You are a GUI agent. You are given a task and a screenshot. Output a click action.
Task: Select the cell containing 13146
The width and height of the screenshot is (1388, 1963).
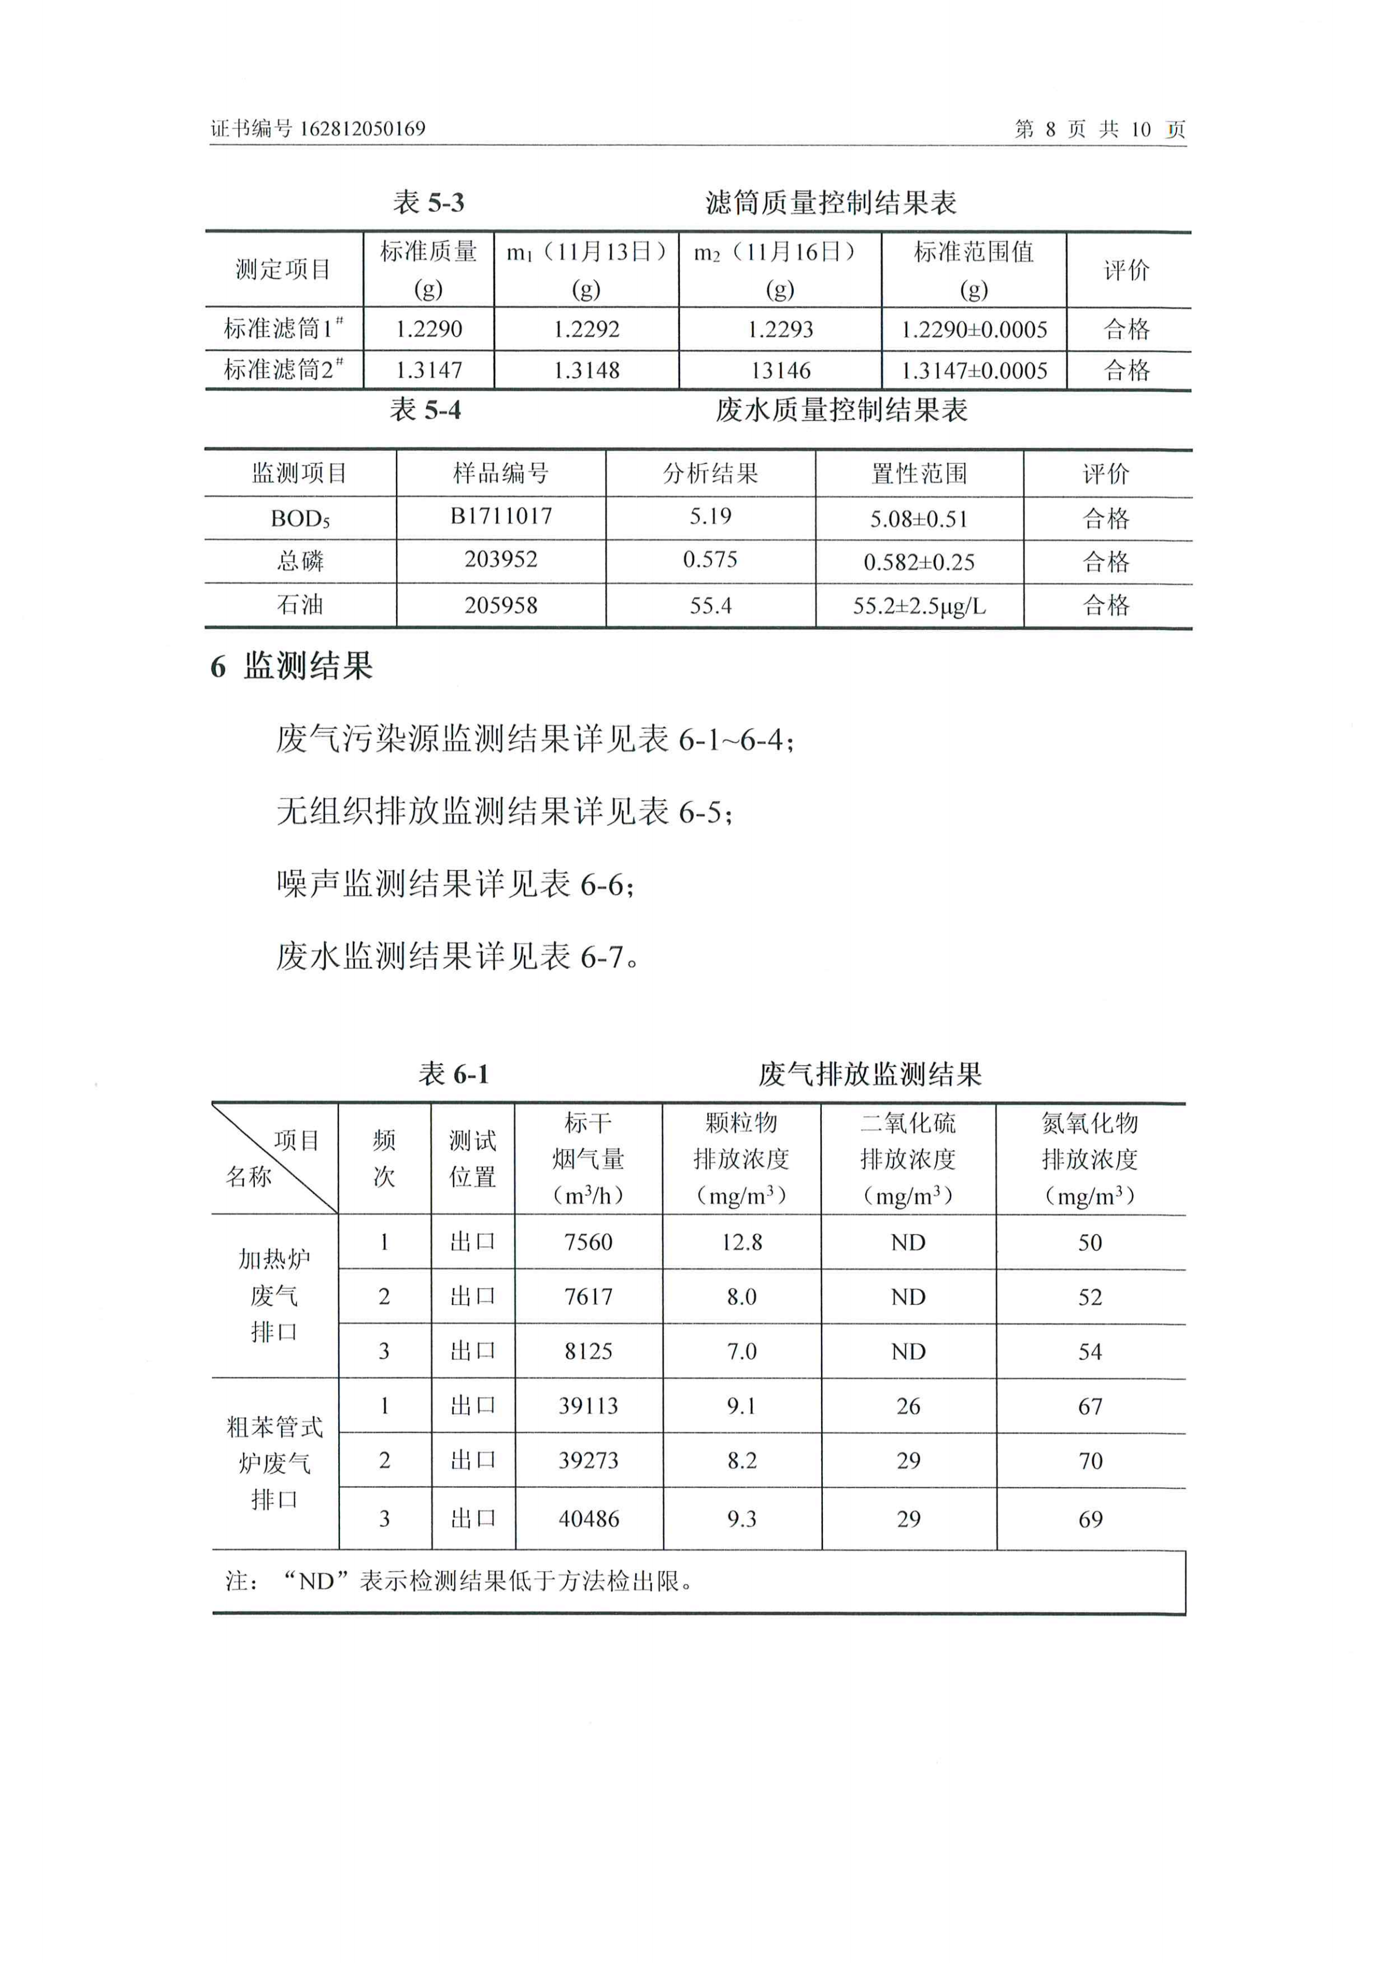point(780,370)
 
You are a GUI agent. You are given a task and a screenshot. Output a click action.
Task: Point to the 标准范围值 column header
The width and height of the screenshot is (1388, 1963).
point(973,252)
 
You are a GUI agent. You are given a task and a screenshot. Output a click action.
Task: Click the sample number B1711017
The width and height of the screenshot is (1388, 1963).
point(501,516)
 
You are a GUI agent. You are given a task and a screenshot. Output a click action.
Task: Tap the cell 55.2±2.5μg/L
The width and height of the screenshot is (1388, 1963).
point(919,606)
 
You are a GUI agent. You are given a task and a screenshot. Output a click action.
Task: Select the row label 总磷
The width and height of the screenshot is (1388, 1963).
point(300,561)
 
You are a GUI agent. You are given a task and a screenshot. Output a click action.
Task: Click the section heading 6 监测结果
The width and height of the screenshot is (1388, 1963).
point(292,666)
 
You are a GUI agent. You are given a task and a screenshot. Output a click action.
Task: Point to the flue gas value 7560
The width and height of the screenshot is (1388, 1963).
point(588,1242)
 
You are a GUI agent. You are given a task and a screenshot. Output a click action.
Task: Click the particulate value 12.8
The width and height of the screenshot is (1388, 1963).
point(741,1242)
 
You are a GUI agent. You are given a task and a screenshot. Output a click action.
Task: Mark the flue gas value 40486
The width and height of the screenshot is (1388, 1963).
point(588,1519)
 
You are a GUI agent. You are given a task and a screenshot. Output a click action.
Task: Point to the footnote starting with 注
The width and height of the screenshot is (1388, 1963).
point(458,1582)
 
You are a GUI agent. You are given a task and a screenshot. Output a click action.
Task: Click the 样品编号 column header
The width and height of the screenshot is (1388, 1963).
point(501,473)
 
